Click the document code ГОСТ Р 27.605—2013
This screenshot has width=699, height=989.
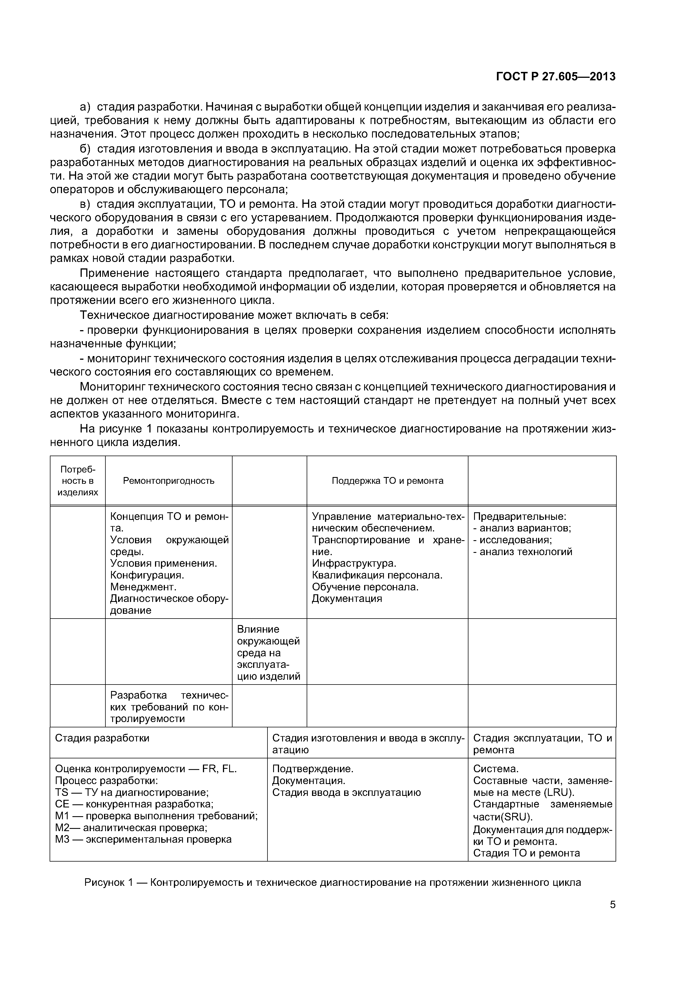pyautogui.click(x=556, y=77)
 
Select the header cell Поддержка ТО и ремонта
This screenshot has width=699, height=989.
pyautogui.click(x=387, y=481)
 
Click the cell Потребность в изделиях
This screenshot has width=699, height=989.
pyautogui.click(x=78, y=481)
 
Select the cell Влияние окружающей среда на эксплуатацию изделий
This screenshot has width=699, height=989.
pyautogui.click(x=269, y=653)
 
